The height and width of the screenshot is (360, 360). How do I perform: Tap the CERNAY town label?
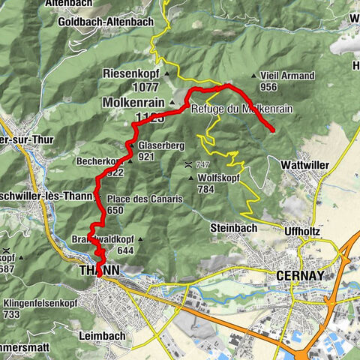[300, 275]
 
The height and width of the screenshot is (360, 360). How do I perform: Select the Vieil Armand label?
[283, 75]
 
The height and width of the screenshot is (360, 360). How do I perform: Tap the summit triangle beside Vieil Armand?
[254, 76]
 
